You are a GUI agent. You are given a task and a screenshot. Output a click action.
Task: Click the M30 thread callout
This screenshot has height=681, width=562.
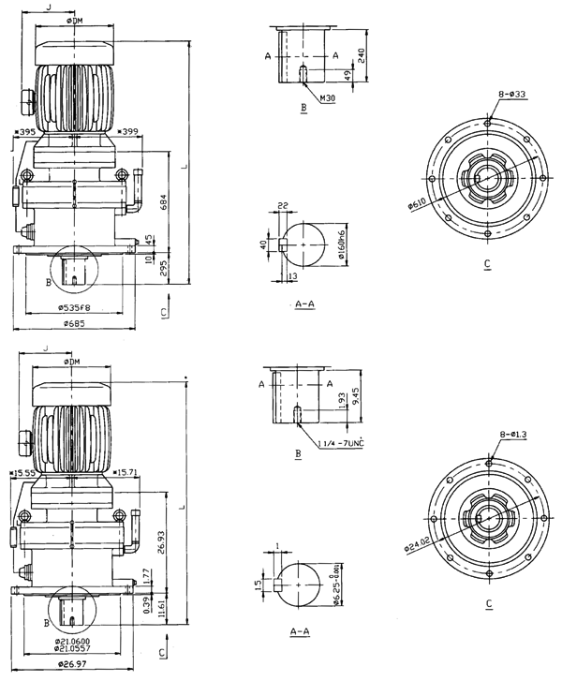(327, 97)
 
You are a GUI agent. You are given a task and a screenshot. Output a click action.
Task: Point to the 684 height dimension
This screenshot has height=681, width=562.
(165, 201)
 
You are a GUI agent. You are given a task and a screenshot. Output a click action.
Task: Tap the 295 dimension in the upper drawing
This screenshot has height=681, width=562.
(165, 270)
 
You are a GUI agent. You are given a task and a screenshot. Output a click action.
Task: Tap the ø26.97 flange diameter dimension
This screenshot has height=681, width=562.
(72, 664)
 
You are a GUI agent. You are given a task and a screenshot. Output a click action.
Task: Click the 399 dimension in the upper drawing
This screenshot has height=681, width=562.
(128, 132)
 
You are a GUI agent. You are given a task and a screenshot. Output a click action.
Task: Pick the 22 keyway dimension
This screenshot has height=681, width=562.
(282, 205)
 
